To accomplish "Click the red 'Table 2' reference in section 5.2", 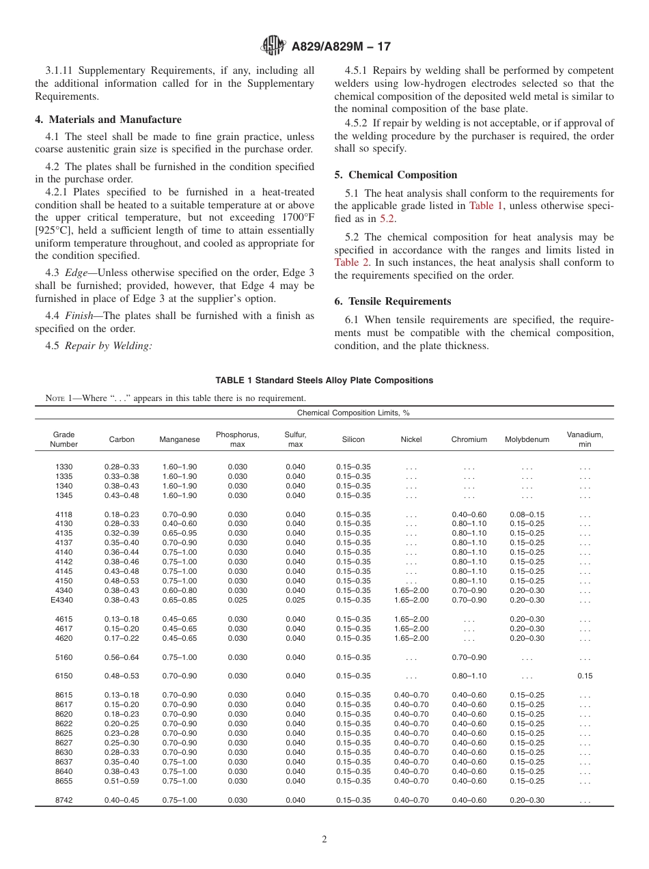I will point(350,262).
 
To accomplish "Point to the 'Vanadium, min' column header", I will point(585,439).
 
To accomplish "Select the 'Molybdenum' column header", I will point(527,439).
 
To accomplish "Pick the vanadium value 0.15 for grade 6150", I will point(585,676).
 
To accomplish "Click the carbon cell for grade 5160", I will point(122,657).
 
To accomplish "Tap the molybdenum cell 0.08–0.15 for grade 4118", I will point(527,514).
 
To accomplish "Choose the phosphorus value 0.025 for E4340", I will point(238,600).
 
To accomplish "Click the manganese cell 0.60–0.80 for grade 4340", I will point(180,590).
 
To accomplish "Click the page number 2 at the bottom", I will point(324,840).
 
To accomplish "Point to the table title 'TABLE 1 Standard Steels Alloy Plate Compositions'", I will point(324,381).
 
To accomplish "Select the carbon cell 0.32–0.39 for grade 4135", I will point(122,533).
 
